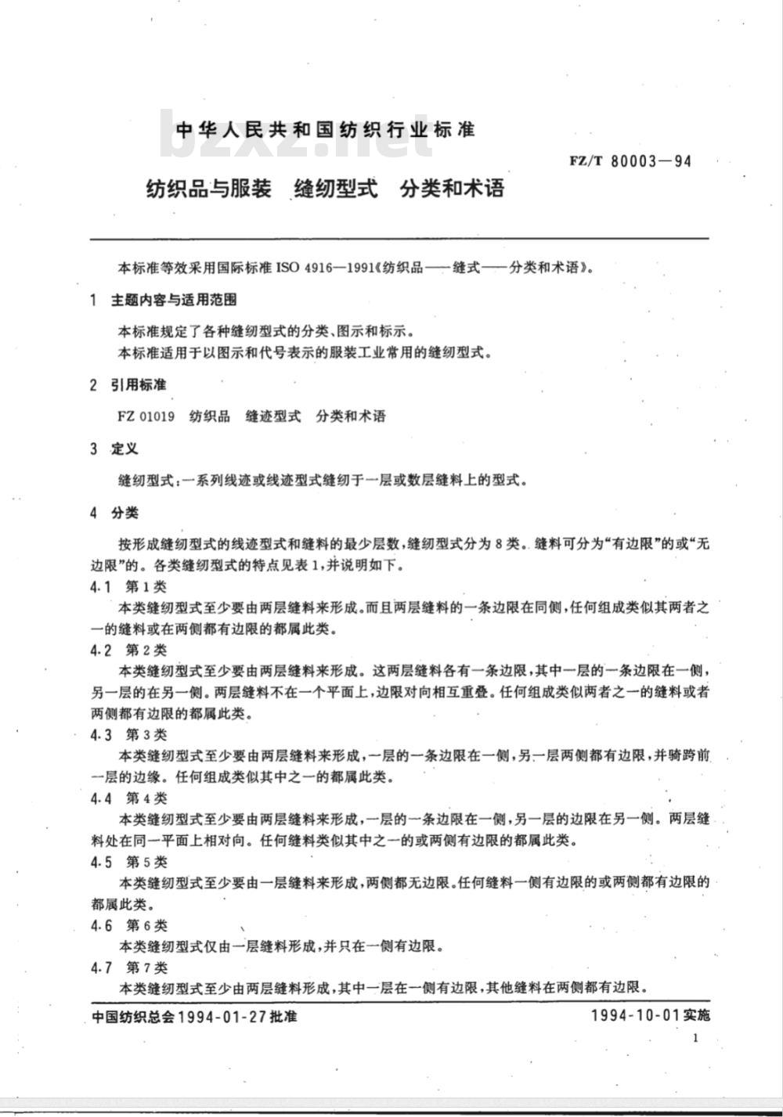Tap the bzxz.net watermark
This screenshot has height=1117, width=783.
click(285, 135)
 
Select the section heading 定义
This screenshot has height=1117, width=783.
click(124, 449)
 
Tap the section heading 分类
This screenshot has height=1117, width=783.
click(124, 513)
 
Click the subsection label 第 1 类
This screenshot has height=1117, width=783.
click(146, 586)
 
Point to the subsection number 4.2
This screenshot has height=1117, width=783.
click(102, 650)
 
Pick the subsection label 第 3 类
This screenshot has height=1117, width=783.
click(146, 734)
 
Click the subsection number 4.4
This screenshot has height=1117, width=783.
click(102, 798)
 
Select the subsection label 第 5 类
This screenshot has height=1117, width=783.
click(146, 861)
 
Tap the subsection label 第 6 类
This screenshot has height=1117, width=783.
click(146, 925)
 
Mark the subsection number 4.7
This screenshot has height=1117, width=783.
click(102, 967)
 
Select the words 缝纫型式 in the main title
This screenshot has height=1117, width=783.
click(335, 189)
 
